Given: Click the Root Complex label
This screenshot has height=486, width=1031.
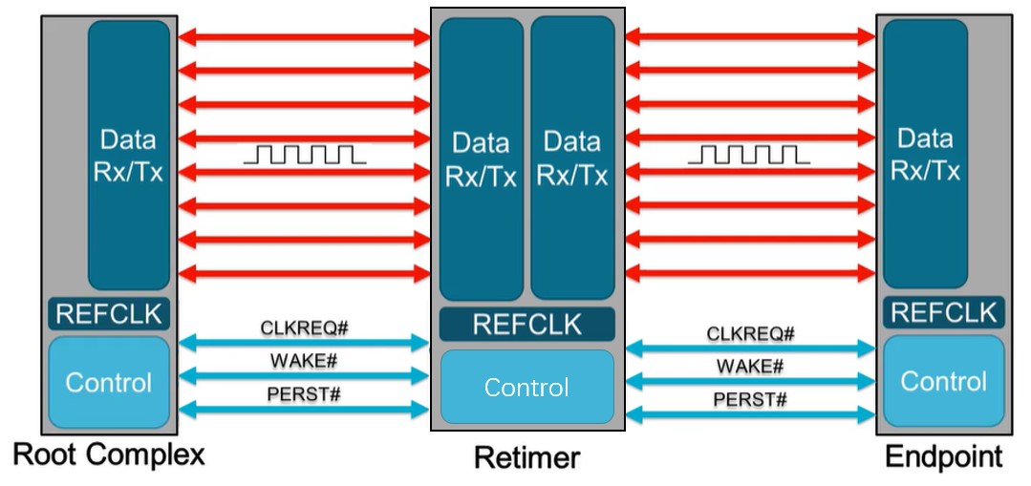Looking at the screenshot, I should pyautogui.click(x=110, y=455).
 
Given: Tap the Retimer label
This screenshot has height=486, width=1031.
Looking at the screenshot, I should pyautogui.click(x=526, y=458).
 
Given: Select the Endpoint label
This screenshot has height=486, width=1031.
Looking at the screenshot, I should pyautogui.click(x=944, y=456).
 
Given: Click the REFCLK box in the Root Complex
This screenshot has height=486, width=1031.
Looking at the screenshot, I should pyautogui.click(x=109, y=313).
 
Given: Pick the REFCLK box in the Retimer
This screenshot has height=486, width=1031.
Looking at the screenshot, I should pyautogui.click(x=526, y=325).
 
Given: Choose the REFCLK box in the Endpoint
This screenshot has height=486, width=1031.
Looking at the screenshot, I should pyautogui.click(x=943, y=312).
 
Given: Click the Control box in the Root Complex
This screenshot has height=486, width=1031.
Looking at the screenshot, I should pyautogui.click(x=109, y=382).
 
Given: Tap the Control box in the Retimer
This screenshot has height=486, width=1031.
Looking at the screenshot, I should pyautogui.click(x=526, y=387).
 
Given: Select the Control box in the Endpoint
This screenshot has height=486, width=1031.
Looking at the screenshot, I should pyautogui.click(x=943, y=381).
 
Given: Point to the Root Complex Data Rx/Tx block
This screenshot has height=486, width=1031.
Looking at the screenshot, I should pyautogui.click(x=128, y=155).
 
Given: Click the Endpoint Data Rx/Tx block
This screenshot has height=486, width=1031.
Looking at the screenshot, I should pyautogui.click(x=925, y=155).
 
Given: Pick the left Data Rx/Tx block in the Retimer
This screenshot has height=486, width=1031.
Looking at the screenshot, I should pyautogui.click(x=481, y=158).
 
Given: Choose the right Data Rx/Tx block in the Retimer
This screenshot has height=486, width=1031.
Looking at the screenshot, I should pyautogui.click(x=571, y=158).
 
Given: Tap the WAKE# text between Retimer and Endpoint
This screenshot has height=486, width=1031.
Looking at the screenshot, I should pyautogui.click(x=750, y=366).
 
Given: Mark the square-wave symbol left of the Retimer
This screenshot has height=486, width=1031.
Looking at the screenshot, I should pyautogui.click(x=304, y=154).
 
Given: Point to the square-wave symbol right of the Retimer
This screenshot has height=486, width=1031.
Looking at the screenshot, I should pyautogui.click(x=748, y=154).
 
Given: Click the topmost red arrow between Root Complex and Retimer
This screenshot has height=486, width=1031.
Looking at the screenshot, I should pyautogui.click(x=304, y=37).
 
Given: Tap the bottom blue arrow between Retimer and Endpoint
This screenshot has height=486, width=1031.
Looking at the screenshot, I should pyautogui.click(x=750, y=415).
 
